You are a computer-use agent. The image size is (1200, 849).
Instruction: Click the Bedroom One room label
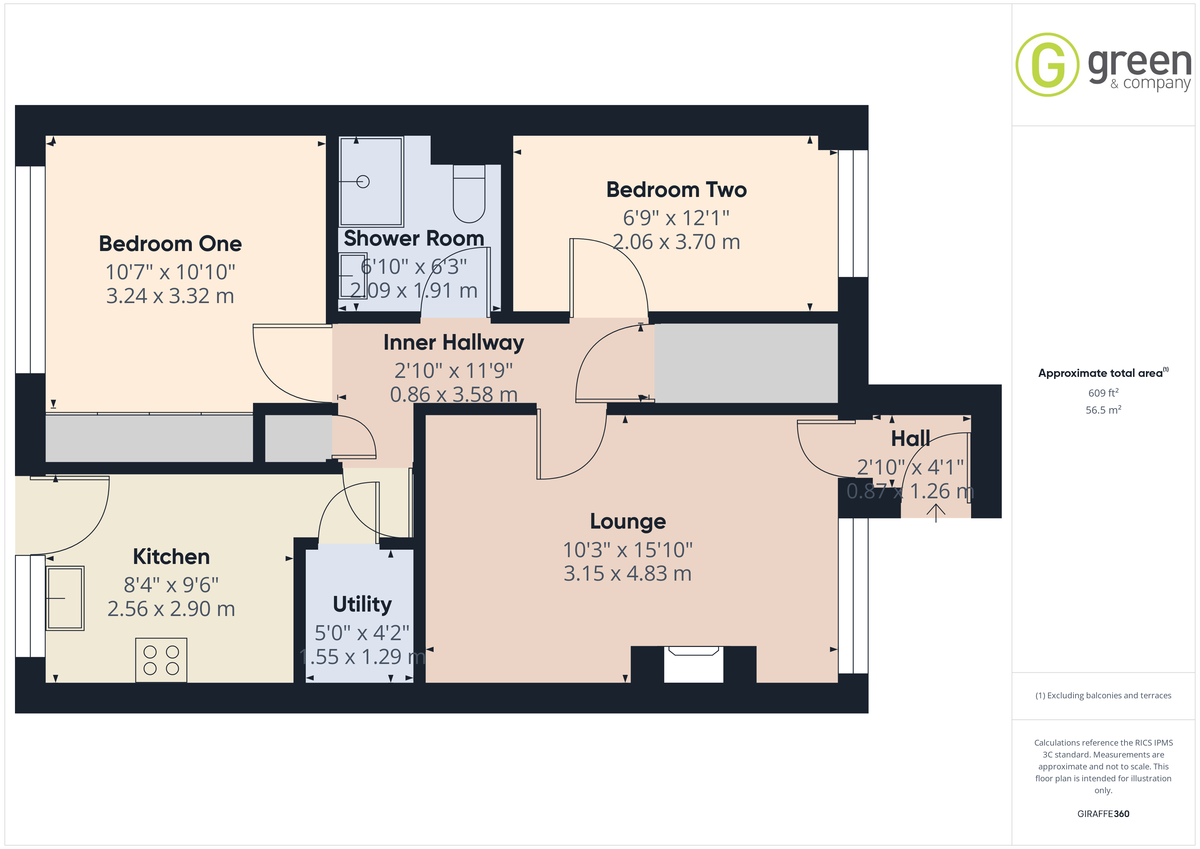coord(170,244)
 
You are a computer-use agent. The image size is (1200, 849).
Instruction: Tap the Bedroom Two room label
coord(676,190)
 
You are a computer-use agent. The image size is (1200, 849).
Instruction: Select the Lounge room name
coord(628,521)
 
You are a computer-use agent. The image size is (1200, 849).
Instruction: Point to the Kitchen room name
coord(171,556)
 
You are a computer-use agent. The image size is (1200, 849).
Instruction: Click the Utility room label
coord(362,604)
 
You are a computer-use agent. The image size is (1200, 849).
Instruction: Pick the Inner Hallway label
coord(454,343)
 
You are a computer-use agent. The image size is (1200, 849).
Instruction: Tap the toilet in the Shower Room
coord(469,194)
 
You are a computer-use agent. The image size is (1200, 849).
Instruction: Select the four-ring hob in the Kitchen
coord(161,660)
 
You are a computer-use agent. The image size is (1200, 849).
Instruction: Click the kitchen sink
coord(65,598)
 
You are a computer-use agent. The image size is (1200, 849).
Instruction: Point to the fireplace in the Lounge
coord(694,664)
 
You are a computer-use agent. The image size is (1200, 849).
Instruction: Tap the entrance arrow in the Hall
coord(935,512)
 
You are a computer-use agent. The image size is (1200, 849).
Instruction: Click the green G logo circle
coord(1047,65)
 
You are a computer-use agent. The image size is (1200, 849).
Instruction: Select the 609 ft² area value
coord(1103,393)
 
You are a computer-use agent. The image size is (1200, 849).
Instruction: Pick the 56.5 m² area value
coord(1103,410)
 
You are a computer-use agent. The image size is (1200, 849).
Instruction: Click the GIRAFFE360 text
coord(1103,814)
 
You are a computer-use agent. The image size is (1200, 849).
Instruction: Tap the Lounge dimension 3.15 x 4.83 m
coord(628,573)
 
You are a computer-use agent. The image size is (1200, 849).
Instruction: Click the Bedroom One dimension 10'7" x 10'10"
coord(170,272)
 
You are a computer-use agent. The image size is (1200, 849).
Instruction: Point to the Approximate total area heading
coord(1103,373)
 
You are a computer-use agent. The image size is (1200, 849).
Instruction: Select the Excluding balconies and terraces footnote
coord(1103,695)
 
